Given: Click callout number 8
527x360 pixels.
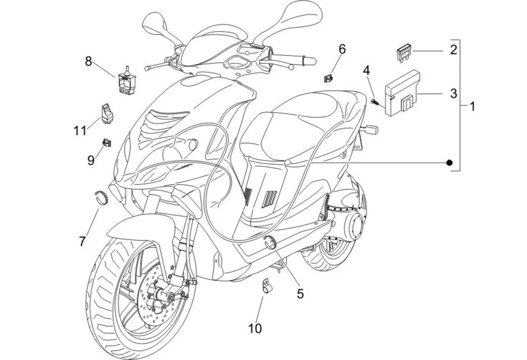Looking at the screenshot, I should tap(88, 60).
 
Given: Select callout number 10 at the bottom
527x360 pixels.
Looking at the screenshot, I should tap(256, 329).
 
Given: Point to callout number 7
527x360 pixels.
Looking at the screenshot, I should tap(83, 242).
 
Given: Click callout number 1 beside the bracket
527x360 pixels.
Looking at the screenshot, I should tap(472, 106).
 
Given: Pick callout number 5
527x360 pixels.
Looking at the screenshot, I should tap(300, 293).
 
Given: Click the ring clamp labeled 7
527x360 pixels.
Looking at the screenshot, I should tap(102, 195).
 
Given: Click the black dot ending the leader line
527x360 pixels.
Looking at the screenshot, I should tap(449, 163).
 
